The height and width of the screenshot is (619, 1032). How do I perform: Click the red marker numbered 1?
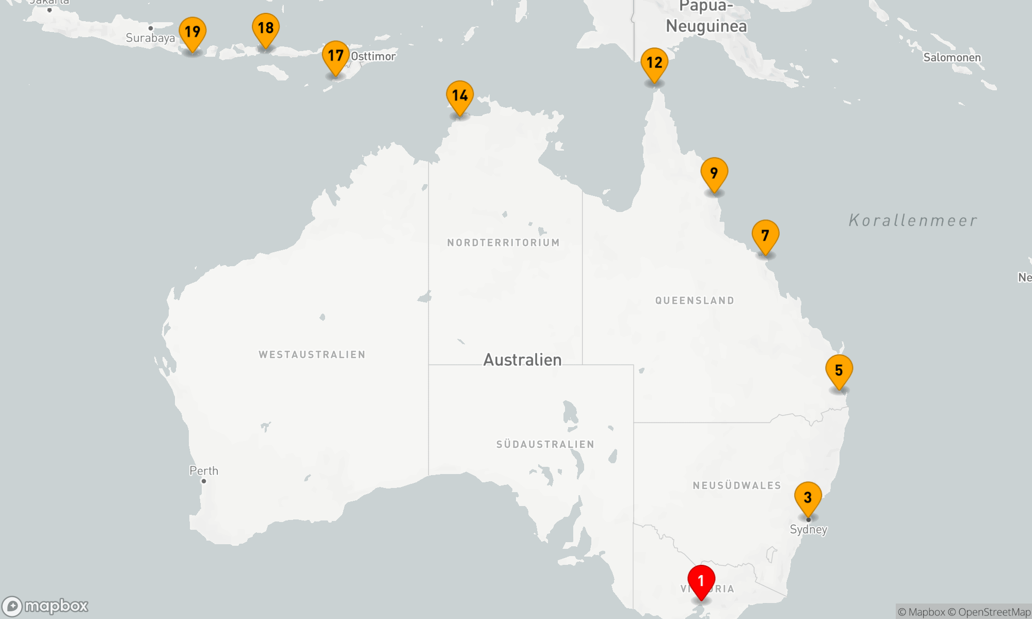701,582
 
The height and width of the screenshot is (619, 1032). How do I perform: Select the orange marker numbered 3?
808,498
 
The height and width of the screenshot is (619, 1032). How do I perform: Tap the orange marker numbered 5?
839,371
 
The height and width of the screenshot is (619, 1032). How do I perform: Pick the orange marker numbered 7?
765,236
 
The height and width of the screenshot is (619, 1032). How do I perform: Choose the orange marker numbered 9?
714,174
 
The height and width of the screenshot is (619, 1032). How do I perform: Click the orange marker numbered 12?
654,63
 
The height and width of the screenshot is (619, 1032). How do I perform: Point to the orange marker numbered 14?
460,96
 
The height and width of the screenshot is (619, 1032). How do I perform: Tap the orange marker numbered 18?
266,28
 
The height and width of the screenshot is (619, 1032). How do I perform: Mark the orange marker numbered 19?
192,32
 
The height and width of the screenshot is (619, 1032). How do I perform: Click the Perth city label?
204,471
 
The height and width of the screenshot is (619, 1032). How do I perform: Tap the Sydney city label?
809,530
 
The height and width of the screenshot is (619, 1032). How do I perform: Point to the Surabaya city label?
150,38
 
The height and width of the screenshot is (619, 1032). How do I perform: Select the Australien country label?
522,360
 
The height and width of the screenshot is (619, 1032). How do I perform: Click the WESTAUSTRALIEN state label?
312,355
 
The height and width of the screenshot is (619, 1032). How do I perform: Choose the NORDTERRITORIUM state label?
504,243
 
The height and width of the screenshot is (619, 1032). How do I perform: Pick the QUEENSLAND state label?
695,301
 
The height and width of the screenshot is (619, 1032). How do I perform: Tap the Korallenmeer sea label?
913,221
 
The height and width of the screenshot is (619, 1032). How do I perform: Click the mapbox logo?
45,606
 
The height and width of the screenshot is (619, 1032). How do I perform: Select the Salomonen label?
952,57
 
